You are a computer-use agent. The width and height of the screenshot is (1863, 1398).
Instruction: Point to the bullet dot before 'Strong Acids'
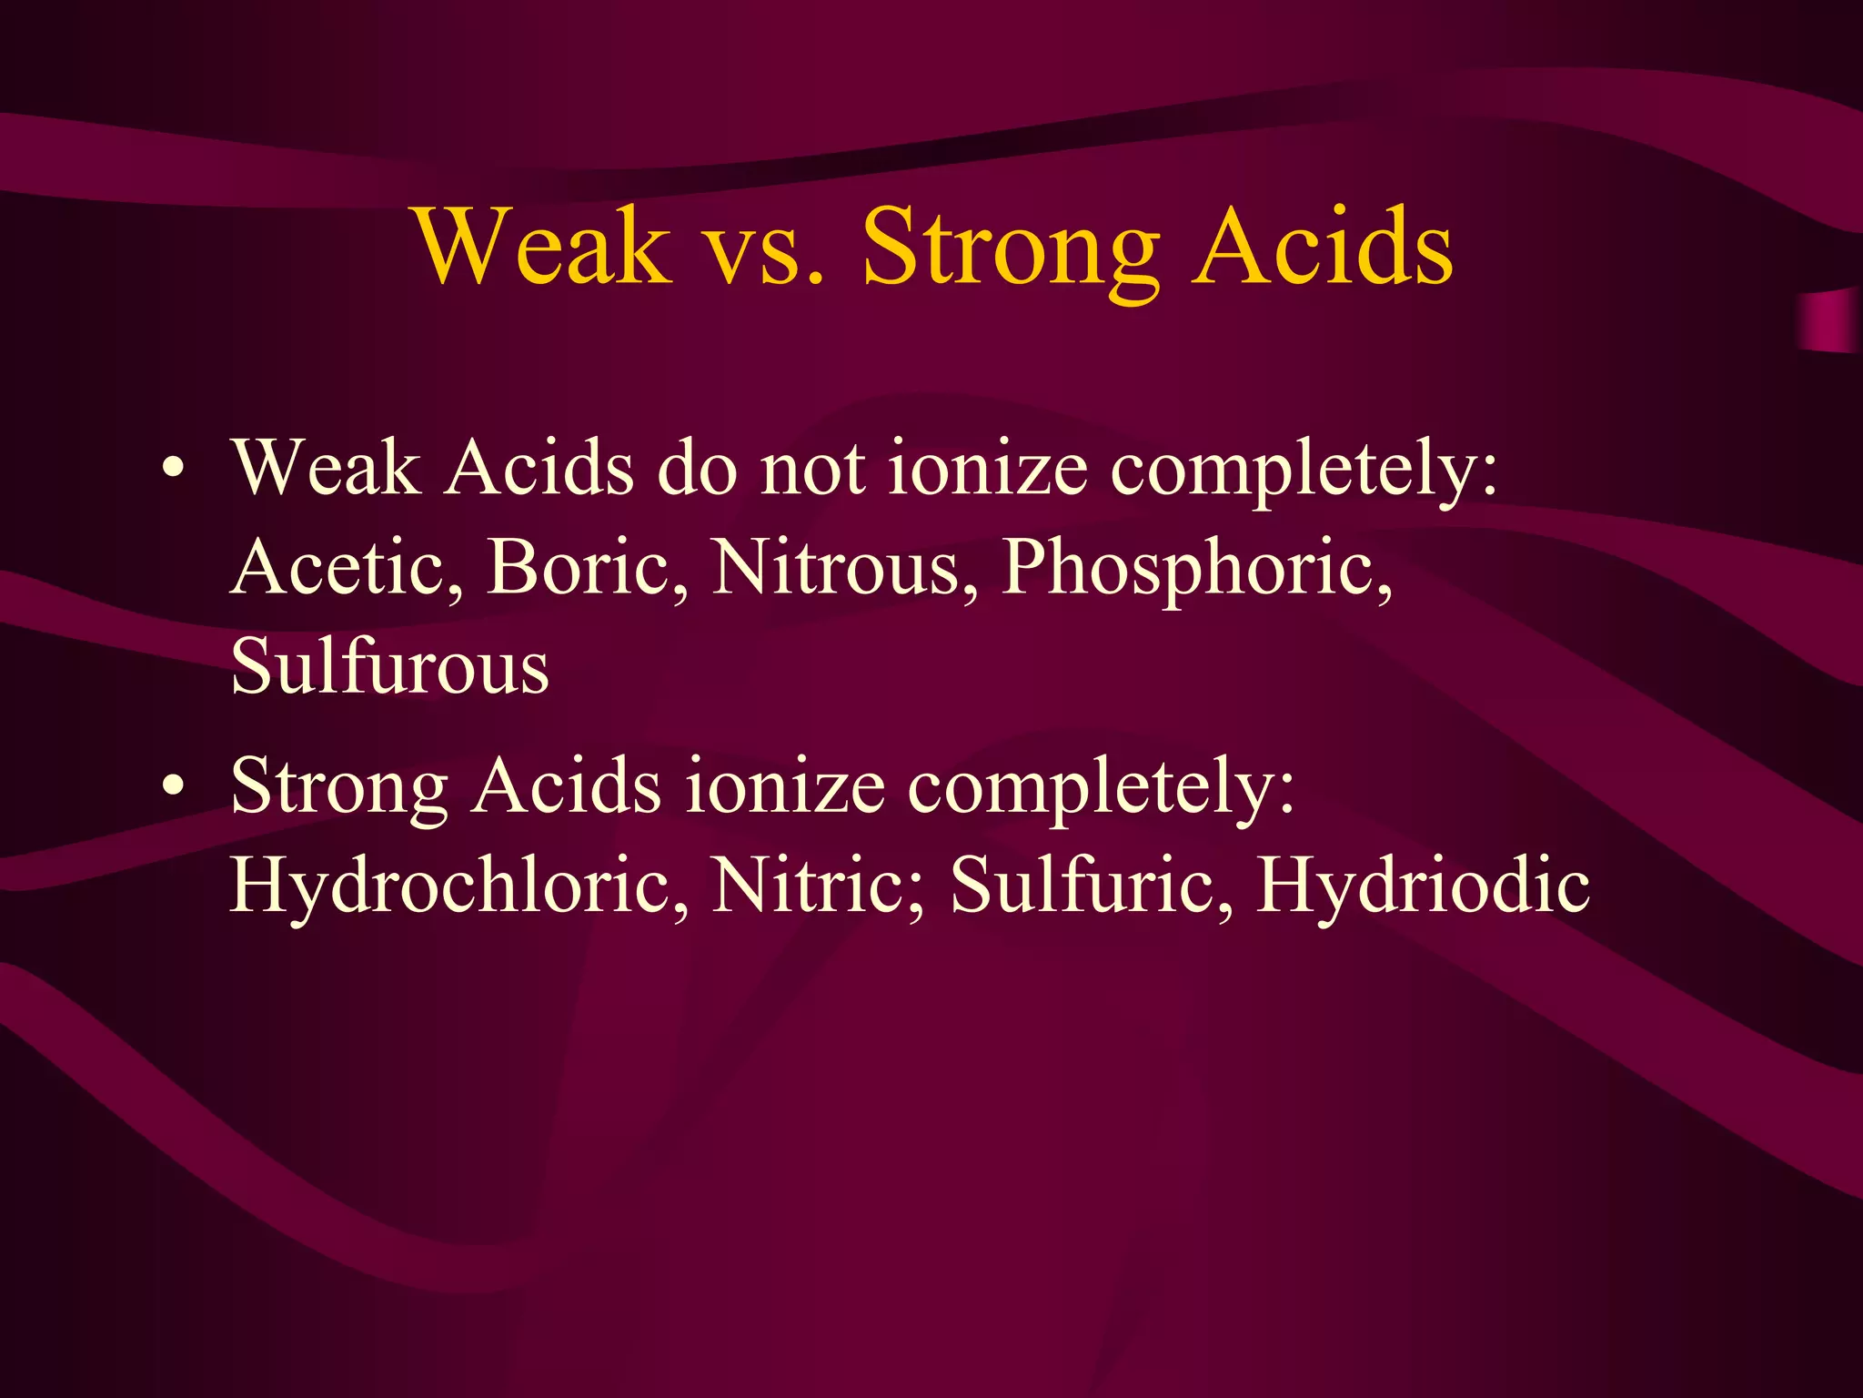(x=173, y=787)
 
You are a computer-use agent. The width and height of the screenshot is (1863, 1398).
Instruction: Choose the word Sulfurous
(x=389, y=666)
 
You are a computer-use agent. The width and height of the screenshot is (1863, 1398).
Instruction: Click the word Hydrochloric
(x=458, y=885)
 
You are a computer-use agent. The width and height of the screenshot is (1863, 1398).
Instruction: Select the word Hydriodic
(x=1424, y=885)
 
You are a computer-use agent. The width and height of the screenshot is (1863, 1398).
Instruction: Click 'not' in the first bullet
(x=812, y=470)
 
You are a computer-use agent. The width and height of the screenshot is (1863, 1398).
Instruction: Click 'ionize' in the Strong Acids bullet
(x=784, y=786)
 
